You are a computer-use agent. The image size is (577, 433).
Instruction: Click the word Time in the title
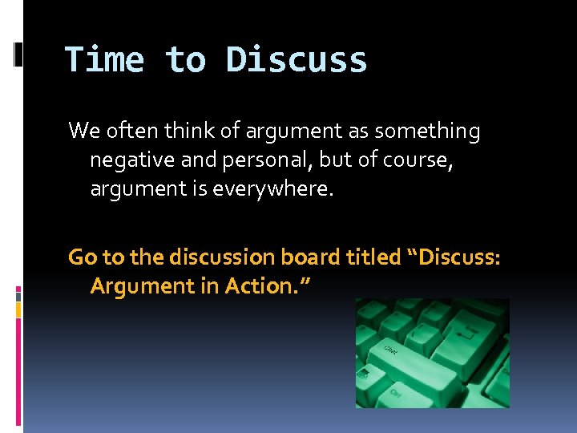(104, 60)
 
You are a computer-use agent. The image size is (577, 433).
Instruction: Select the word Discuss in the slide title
(297, 60)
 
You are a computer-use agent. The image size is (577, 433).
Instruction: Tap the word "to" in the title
(185, 60)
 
